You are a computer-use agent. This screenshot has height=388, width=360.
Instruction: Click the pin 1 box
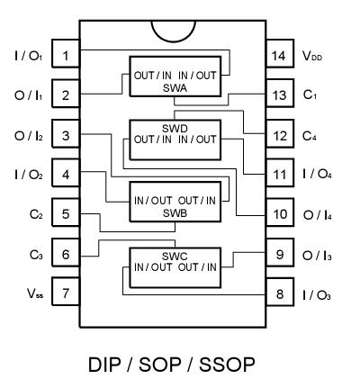pyautogui.click(x=66, y=56)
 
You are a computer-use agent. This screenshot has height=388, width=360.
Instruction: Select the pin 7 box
pyautogui.click(x=66, y=293)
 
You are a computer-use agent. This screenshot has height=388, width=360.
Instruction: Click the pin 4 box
pyautogui.click(x=66, y=174)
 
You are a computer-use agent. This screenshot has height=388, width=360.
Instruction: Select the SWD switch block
pyautogui.click(x=176, y=134)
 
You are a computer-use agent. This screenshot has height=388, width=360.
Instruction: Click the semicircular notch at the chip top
pyautogui.click(x=174, y=28)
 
